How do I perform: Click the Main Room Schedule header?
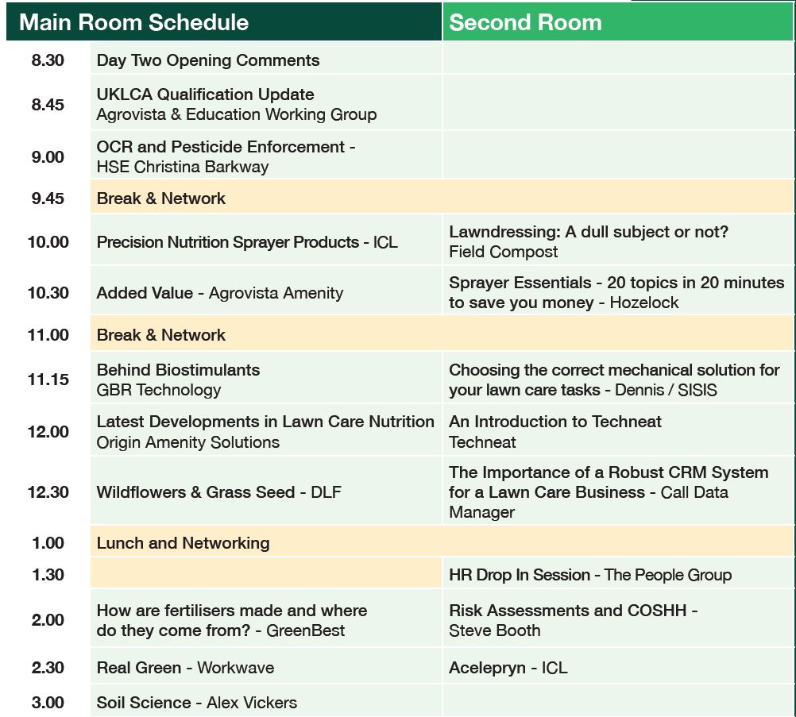pyautogui.click(x=134, y=22)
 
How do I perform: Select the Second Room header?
pyautogui.click(x=525, y=22)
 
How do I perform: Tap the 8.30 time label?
pyautogui.click(x=48, y=60)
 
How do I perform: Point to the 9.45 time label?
pyautogui.click(x=48, y=198)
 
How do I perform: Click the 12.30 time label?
pyautogui.click(x=48, y=491)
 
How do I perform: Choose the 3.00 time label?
pyautogui.click(x=48, y=702)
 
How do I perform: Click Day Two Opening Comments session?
pyautogui.click(x=208, y=60)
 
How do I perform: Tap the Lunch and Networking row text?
pyautogui.click(x=183, y=543)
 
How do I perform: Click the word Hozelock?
pyautogui.click(x=644, y=303)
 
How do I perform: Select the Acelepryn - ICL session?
pyautogui.click(x=508, y=668)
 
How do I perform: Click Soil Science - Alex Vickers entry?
pyautogui.click(x=196, y=702)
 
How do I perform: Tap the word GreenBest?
pyautogui.click(x=305, y=630)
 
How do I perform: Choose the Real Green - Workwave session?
pyautogui.click(x=185, y=668)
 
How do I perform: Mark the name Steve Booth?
pyautogui.click(x=494, y=630)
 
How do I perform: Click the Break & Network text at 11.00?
pyautogui.click(x=161, y=335)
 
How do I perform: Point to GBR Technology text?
pyautogui.click(x=158, y=390)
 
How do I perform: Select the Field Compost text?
pyautogui.click(x=503, y=252)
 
